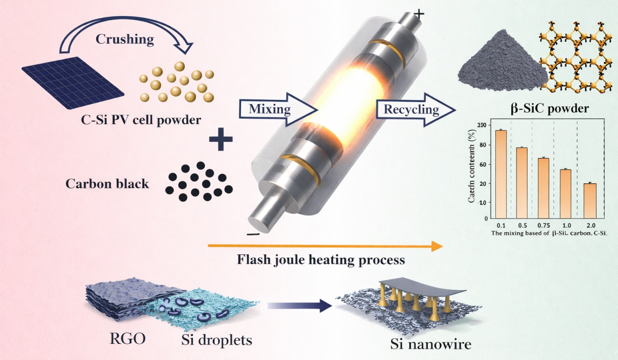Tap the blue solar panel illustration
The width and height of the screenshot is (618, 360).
pyautogui.click(x=73, y=81)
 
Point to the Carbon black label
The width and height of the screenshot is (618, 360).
pyautogui.click(x=107, y=184)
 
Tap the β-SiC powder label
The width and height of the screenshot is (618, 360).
pyautogui.click(x=549, y=108)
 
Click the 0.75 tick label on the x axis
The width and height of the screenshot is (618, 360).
pyautogui.click(x=544, y=225)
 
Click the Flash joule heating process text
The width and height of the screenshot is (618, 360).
pyautogui.click(x=321, y=260)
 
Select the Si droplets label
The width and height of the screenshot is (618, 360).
pyautogui.click(x=216, y=340)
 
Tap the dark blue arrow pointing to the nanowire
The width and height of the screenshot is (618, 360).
pyautogui.click(x=300, y=305)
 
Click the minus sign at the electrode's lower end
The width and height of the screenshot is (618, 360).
pyautogui.click(x=253, y=234)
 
